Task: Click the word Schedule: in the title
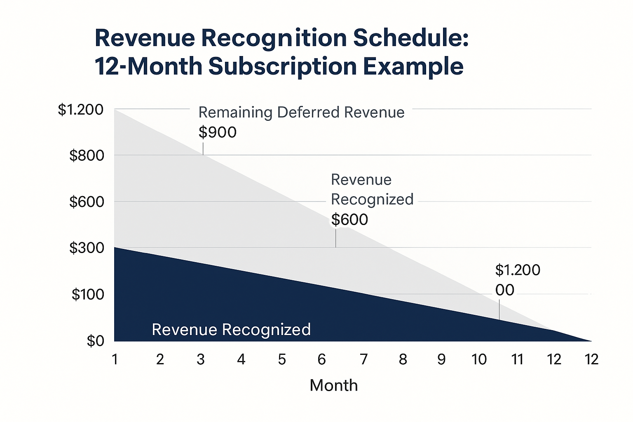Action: click(x=411, y=38)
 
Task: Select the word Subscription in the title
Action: click(x=282, y=66)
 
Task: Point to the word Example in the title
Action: click(x=414, y=66)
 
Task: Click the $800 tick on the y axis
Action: click(x=87, y=156)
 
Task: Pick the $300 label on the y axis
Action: click(x=87, y=248)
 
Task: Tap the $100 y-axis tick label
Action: click(x=88, y=295)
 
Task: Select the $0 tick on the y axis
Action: click(x=95, y=341)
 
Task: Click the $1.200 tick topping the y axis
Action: click(x=81, y=110)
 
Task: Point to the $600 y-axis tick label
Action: click(x=87, y=202)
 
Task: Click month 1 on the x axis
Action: click(x=115, y=360)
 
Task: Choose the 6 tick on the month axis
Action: click(x=322, y=360)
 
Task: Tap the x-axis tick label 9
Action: click(x=441, y=360)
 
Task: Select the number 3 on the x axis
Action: click(x=201, y=360)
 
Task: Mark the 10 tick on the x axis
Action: click(x=479, y=360)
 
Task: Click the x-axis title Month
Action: click(x=333, y=386)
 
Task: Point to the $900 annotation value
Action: click(x=218, y=132)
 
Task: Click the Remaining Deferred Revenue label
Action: click(x=301, y=113)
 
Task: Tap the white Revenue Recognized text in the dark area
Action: click(x=231, y=330)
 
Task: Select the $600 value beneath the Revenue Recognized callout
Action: click(x=349, y=220)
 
